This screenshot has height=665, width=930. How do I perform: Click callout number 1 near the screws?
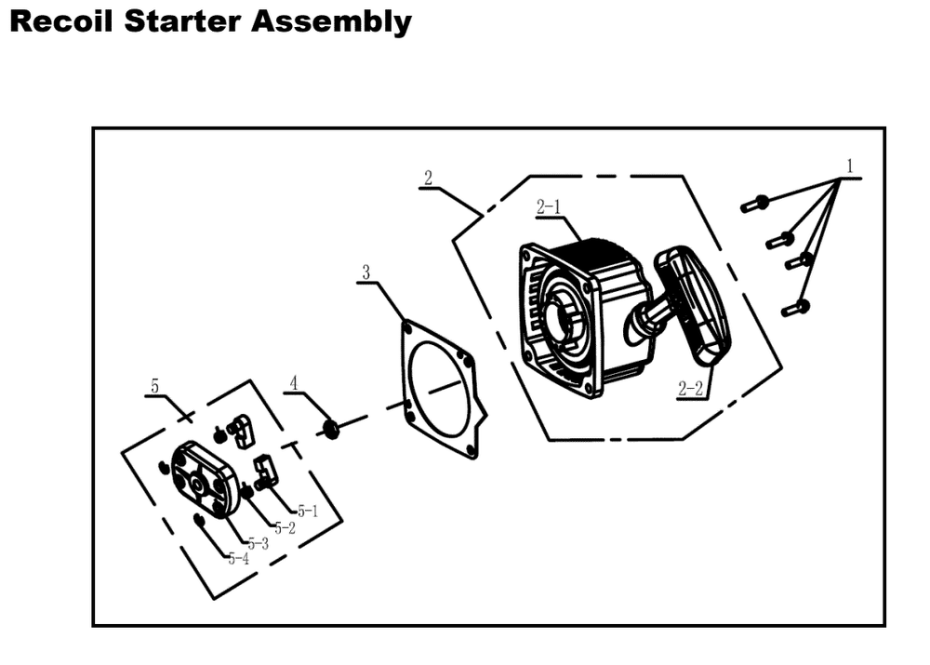click(848, 166)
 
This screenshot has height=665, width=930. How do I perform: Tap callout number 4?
click(294, 383)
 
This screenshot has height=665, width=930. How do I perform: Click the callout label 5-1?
click(307, 511)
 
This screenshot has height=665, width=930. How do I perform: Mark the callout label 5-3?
click(257, 543)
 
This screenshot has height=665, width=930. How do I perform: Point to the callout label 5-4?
click(237, 559)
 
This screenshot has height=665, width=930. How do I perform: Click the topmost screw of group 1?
click(755, 203)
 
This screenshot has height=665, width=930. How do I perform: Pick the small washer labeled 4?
click(328, 428)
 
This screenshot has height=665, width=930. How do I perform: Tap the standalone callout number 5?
click(155, 384)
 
